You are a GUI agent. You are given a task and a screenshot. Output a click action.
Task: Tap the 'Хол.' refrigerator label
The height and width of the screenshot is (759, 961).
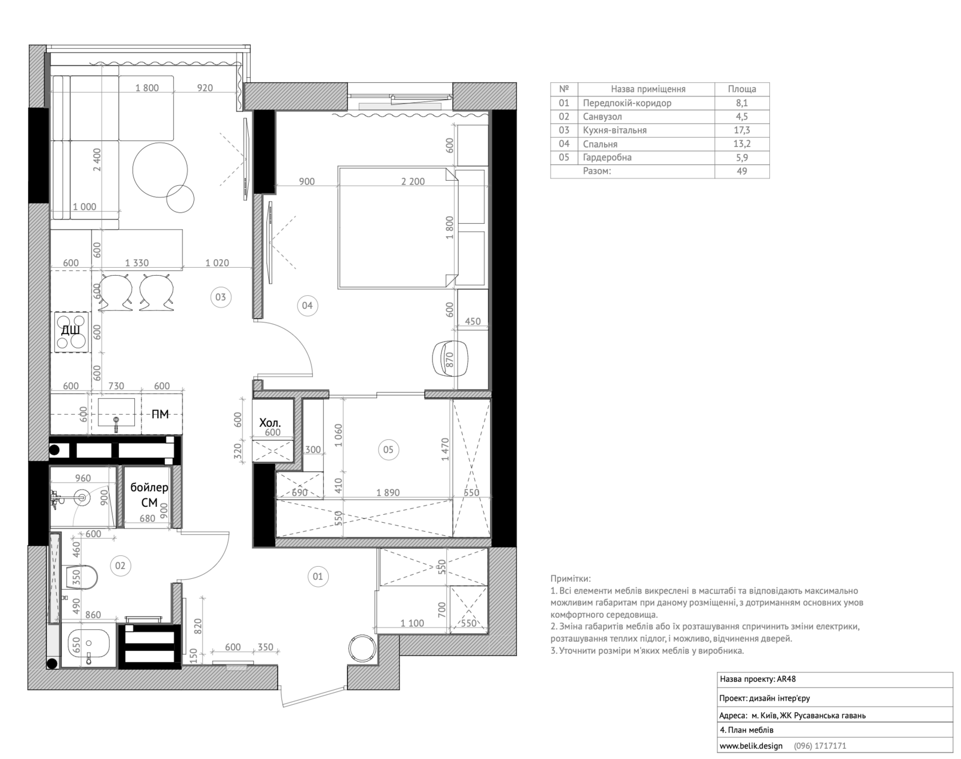pyautogui.click(x=270, y=423)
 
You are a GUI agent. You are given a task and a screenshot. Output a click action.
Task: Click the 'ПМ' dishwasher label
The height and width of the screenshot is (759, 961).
pyautogui.click(x=160, y=414)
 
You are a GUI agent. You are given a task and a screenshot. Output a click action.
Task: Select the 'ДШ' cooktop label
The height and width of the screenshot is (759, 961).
pyautogui.click(x=70, y=330)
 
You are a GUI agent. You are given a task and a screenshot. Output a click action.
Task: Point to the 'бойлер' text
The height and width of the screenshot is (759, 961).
pyautogui.click(x=149, y=488)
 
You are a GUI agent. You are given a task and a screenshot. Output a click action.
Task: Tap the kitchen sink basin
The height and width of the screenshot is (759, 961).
pyautogui.click(x=116, y=412)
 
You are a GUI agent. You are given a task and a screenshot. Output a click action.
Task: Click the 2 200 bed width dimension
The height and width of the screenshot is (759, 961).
pyautogui.click(x=413, y=182)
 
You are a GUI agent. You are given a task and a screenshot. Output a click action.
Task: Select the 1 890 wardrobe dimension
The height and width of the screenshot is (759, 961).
pyautogui.click(x=388, y=492)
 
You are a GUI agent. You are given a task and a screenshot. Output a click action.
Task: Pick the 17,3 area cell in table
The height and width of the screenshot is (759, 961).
pyautogui.click(x=742, y=130)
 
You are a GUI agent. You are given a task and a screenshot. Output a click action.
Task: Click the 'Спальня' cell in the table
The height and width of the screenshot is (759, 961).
pyautogui.click(x=600, y=144)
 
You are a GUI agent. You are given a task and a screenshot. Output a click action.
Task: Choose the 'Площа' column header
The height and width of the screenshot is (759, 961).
pyautogui.click(x=742, y=89)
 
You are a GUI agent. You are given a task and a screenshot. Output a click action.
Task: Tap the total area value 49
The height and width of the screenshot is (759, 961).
pyautogui.click(x=742, y=171)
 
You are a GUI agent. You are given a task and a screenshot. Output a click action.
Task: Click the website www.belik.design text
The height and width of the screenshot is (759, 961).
pyautogui.click(x=751, y=746)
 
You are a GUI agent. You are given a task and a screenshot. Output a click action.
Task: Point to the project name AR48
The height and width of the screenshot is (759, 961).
pyautogui.click(x=786, y=679)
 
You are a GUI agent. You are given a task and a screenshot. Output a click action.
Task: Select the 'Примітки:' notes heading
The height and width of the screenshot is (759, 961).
pyautogui.click(x=570, y=579)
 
